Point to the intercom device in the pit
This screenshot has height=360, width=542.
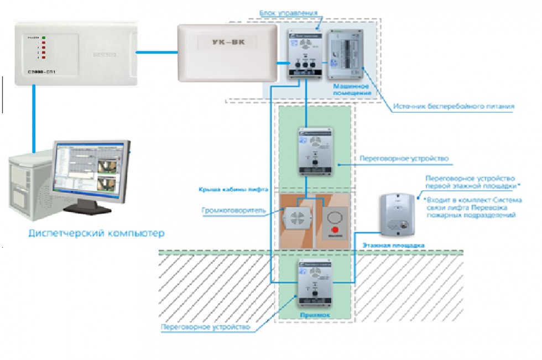point(315,283)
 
